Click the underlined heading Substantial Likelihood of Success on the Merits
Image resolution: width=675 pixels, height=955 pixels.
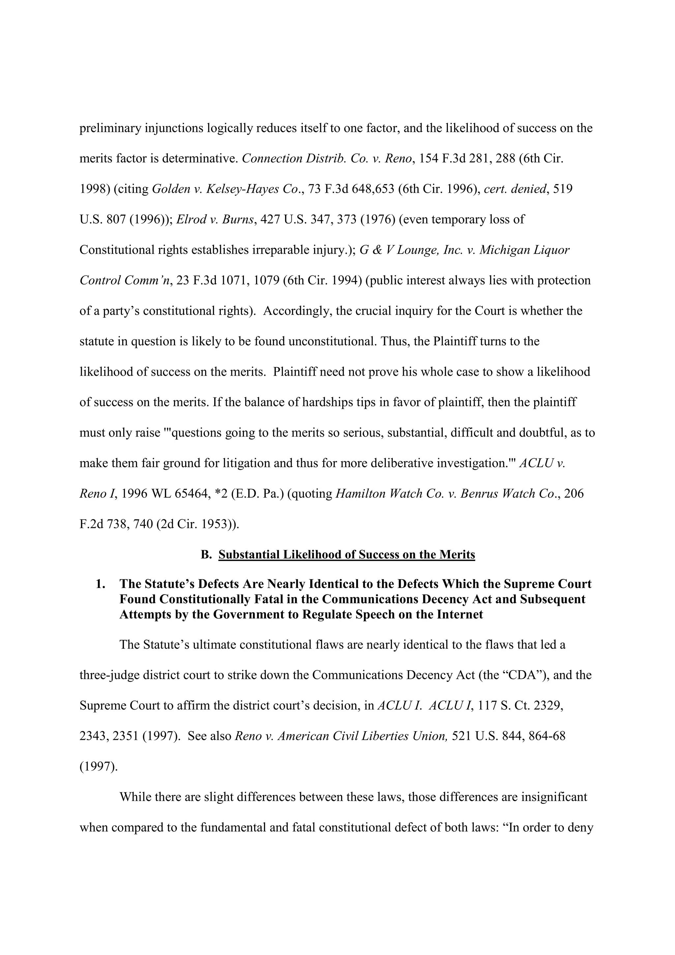point(346,555)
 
